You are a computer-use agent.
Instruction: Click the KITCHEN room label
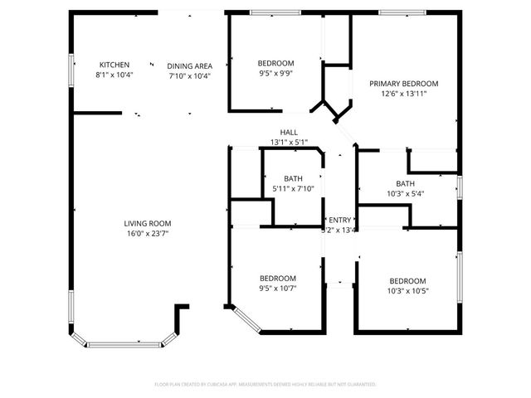[x=114, y=65]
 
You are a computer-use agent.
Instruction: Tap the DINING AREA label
[x=190, y=66]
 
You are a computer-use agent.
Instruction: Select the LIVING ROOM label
[x=148, y=223]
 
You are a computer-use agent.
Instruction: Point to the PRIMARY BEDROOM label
[x=404, y=84]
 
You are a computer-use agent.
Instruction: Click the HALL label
[x=289, y=133]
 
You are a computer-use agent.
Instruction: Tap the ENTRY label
[x=340, y=220]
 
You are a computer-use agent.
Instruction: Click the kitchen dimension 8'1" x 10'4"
[x=114, y=75]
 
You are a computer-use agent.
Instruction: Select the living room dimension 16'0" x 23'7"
[x=148, y=234]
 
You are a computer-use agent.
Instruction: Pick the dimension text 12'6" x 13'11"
[x=404, y=95]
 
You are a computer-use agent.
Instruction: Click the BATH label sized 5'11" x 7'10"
[x=294, y=178]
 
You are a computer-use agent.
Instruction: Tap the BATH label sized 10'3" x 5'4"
[x=405, y=184]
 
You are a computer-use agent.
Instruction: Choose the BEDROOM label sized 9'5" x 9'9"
[x=275, y=64]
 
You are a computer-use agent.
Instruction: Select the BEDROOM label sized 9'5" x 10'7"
[x=278, y=279]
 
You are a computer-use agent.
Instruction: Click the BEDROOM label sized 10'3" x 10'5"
[x=407, y=280]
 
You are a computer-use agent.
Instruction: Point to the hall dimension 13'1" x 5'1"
[x=289, y=143]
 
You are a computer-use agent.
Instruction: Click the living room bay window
[x=124, y=342]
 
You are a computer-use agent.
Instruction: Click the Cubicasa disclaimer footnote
[x=265, y=385]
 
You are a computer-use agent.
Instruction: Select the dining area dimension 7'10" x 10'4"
[x=190, y=76]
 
